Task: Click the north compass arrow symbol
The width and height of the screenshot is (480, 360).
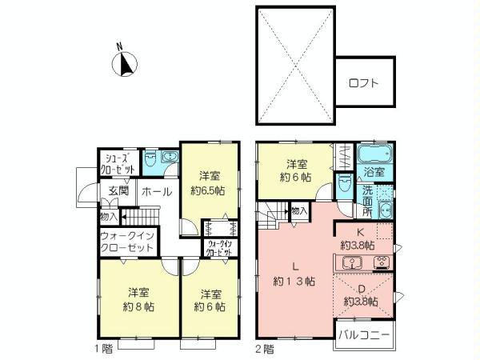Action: (x=126, y=62)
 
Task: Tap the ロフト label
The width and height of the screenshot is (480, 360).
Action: (x=364, y=82)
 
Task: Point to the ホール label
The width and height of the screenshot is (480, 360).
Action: (x=154, y=192)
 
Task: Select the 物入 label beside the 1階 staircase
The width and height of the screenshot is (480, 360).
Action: (x=109, y=215)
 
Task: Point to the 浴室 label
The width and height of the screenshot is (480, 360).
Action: (x=374, y=173)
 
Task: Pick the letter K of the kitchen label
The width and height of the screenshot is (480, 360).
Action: (x=361, y=233)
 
